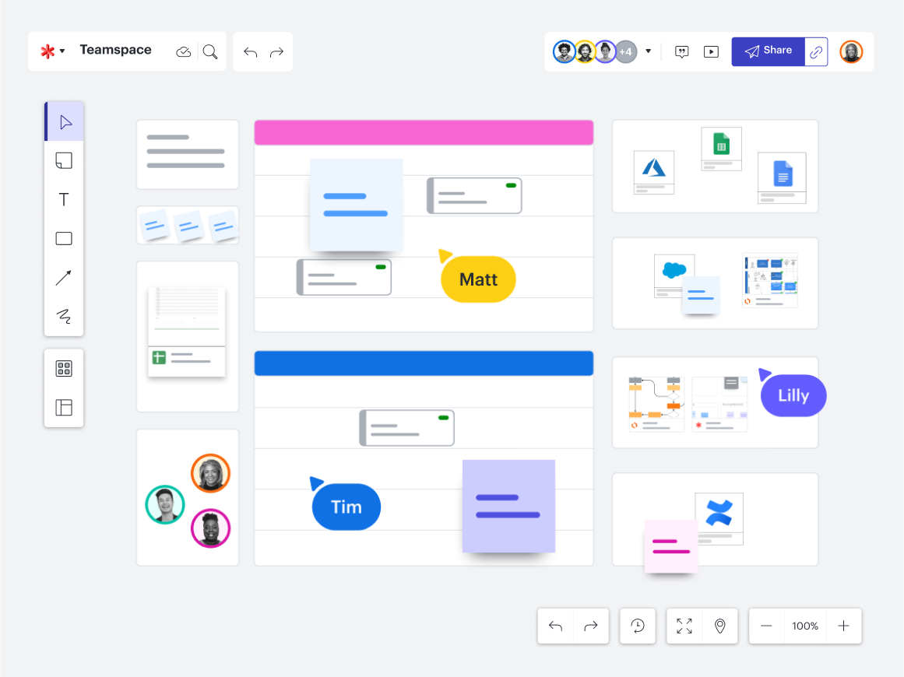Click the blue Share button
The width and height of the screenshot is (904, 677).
click(768, 51)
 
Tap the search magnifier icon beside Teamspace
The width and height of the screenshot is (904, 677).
click(210, 52)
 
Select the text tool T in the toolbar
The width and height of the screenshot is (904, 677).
click(64, 199)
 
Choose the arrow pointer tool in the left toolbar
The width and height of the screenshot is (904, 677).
click(65, 121)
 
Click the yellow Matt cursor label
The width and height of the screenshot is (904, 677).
click(478, 279)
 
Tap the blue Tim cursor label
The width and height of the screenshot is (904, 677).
click(346, 507)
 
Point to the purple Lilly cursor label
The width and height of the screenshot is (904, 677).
click(793, 395)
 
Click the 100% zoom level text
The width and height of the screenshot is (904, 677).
click(805, 626)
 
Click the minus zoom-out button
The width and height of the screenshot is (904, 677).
click(766, 626)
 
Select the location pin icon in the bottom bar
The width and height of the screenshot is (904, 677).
click(720, 626)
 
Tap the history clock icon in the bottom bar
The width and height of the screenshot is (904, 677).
click(638, 626)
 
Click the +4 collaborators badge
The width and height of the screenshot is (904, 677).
click(625, 52)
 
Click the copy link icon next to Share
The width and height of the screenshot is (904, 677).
click(816, 52)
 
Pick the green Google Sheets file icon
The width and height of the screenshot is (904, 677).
click(721, 143)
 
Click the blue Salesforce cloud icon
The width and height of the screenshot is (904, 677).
click(674, 269)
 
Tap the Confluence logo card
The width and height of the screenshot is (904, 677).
click(719, 518)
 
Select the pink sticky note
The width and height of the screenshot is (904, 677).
click(671, 546)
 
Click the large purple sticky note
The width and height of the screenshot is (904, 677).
click(508, 506)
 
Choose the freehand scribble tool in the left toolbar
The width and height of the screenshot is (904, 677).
click(64, 316)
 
